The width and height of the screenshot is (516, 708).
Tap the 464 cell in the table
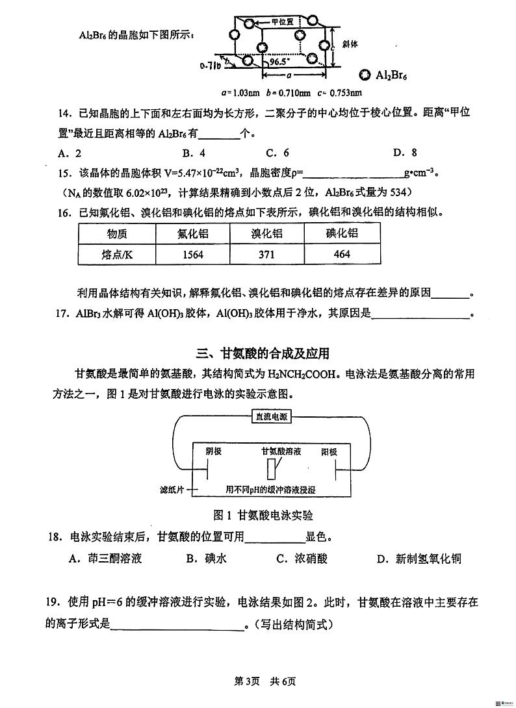[342, 254]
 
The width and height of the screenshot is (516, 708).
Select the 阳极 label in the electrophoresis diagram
[329, 451]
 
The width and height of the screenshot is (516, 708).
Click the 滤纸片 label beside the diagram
[172, 489]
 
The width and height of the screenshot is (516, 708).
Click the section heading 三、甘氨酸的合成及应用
[263, 353]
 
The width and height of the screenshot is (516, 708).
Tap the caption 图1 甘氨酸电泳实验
[263, 515]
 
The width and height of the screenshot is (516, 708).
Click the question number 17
[62, 312]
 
